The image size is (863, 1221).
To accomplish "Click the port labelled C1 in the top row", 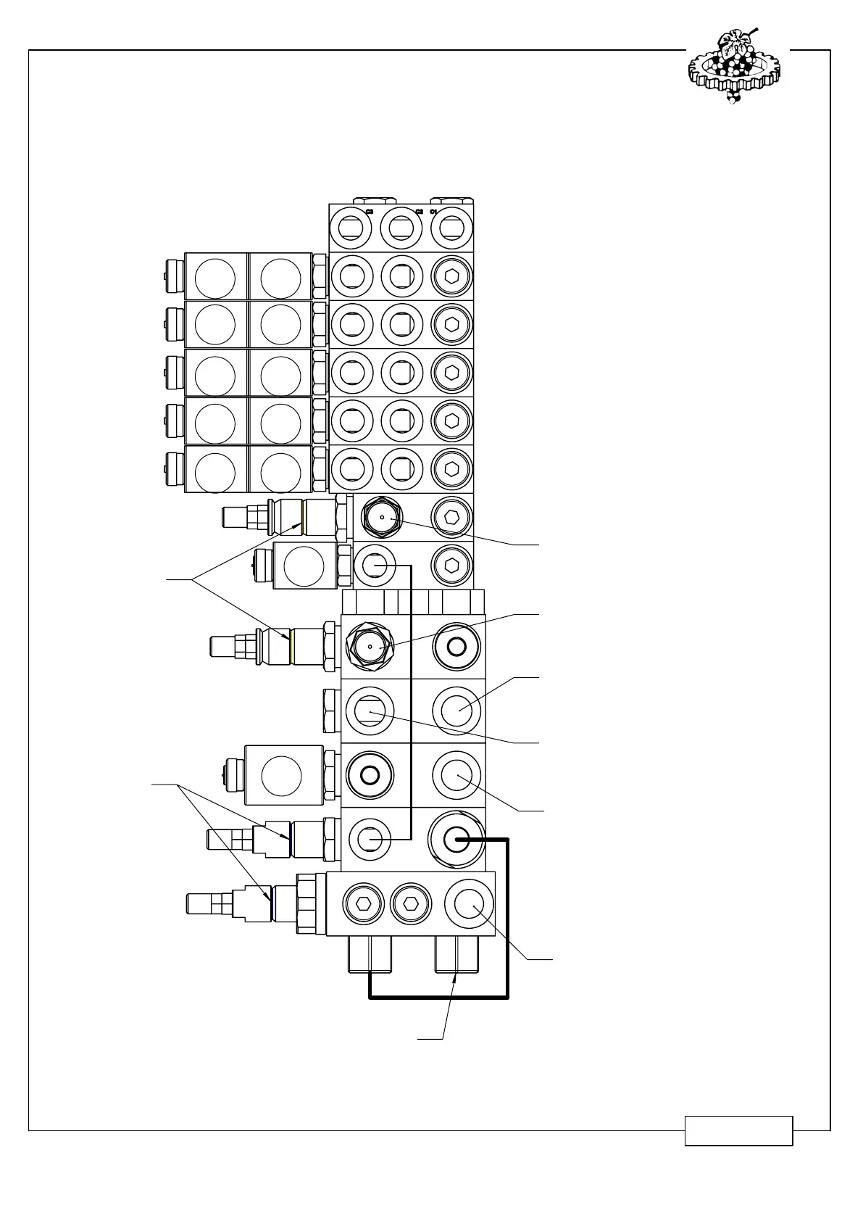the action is pyautogui.click(x=451, y=228).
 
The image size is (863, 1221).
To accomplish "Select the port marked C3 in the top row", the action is pyautogui.click(x=351, y=228).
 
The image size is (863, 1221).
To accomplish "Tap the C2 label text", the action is pyautogui.click(x=419, y=212).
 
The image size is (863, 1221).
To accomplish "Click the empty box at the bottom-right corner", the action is pyautogui.click(x=738, y=1131).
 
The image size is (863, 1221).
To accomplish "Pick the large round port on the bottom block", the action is pyautogui.click(x=469, y=903).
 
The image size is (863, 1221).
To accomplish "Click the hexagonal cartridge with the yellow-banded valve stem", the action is pyautogui.click(x=370, y=645).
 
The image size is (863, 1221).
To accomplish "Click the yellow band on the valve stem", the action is pyautogui.click(x=289, y=645).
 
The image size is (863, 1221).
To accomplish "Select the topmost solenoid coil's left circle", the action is pyautogui.click(x=215, y=276).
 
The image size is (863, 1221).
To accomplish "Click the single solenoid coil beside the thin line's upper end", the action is pyautogui.click(x=303, y=566).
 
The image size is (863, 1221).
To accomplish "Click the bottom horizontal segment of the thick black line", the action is pyautogui.click(x=438, y=998).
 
